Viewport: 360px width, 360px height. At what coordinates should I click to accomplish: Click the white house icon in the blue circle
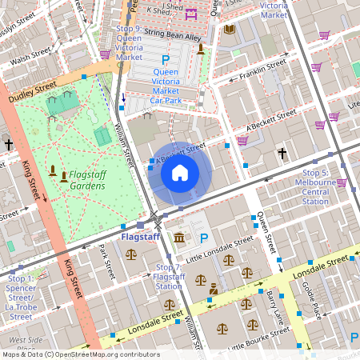point(180,172)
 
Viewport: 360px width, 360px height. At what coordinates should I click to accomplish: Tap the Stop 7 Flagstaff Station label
point(168,277)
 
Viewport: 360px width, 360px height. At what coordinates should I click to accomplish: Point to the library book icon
point(230,30)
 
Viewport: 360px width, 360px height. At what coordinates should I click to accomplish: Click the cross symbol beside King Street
point(9,145)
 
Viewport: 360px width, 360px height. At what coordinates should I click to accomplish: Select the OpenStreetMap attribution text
point(80,354)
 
